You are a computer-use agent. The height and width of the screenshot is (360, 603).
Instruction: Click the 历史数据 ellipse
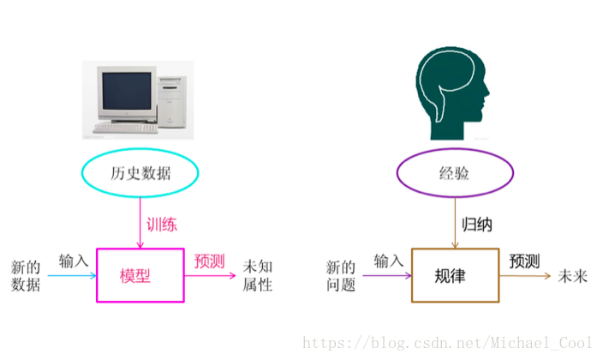140,174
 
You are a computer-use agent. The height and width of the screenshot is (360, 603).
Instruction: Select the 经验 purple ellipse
455,174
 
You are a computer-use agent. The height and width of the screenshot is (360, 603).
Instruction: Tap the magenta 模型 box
140,275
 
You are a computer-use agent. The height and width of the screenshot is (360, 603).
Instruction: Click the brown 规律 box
455,275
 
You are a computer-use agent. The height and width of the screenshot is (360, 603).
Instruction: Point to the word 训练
161,225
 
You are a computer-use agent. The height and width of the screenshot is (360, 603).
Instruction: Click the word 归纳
477,225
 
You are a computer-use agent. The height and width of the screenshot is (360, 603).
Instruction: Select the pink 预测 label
209,260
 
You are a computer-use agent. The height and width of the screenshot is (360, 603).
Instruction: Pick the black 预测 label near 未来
525,260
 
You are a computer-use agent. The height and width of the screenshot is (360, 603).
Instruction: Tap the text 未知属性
258,275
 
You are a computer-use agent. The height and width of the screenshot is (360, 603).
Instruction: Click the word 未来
573,275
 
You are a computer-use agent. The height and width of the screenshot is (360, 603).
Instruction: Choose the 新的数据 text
26,275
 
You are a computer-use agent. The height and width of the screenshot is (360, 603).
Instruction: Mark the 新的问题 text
341,275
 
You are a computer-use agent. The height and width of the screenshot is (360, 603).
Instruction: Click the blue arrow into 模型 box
72,276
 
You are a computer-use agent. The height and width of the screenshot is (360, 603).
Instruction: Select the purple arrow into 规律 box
387,276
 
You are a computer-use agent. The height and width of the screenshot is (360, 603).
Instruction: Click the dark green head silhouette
450,90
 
